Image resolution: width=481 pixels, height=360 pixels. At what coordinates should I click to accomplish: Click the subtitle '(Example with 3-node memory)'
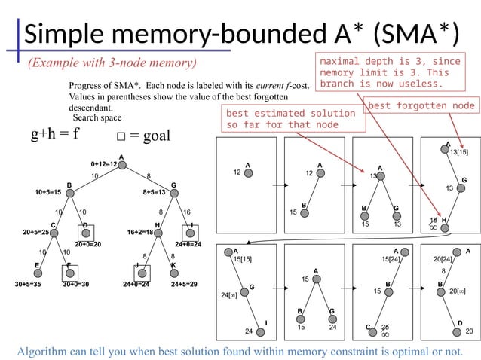coord(112,62)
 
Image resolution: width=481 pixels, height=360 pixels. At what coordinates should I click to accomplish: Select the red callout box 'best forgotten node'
coord(421,106)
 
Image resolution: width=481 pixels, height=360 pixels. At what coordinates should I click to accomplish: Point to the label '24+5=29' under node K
coord(185,285)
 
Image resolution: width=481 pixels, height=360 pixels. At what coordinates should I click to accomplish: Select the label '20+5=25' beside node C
coord(36,233)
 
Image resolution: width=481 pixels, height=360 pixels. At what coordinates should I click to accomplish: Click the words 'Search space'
coord(97,118)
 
